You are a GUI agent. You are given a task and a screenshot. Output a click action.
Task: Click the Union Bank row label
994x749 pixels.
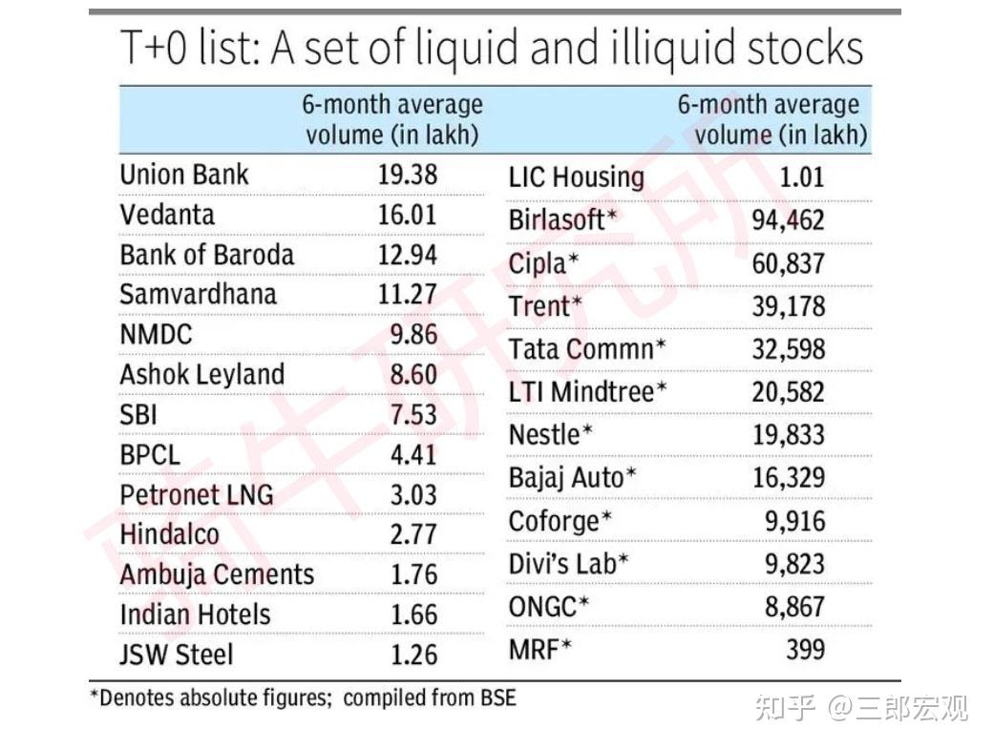point(183,175)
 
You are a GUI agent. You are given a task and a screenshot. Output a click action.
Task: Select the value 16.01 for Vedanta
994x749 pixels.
point(407,215)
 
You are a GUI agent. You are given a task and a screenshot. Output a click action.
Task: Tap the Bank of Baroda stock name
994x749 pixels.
point(206,255)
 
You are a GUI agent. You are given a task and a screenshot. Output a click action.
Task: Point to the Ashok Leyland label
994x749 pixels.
point(201,374)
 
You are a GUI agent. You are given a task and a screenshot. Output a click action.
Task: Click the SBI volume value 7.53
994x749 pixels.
point(412,414)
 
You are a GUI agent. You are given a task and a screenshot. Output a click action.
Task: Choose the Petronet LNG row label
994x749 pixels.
point(196,494)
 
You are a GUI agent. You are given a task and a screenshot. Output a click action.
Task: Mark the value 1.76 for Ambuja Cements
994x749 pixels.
point(412,574)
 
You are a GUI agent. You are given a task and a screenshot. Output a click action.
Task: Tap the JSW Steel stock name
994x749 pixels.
point(176,655)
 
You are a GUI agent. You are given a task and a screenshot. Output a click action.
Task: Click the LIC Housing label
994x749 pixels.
point(576,177)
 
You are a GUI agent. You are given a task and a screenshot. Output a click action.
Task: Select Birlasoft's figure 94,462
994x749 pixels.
point(788,220)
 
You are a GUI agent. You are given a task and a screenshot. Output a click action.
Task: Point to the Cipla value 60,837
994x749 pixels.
point(788,263)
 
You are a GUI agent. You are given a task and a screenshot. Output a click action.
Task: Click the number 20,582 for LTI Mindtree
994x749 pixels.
point(788,391)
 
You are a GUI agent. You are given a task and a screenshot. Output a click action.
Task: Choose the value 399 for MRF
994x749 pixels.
point(805,650)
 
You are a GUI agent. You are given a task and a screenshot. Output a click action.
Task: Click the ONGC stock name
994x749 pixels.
point(548,606)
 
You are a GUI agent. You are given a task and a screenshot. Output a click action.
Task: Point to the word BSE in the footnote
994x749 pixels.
point(497,697)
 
